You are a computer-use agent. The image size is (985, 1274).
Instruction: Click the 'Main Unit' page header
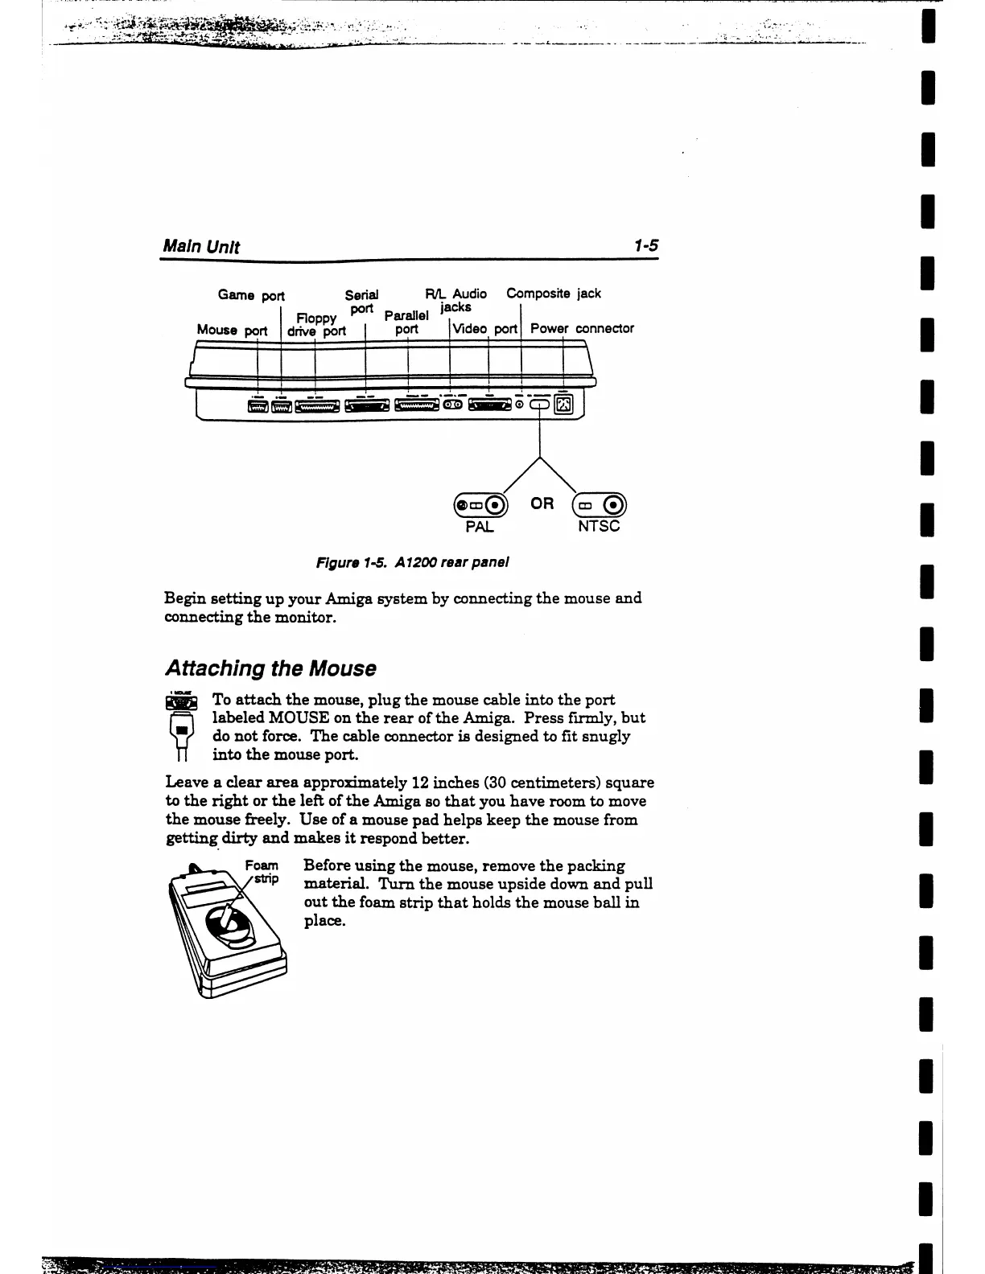coord(201,246)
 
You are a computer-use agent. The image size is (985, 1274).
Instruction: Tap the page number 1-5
coord(645,245)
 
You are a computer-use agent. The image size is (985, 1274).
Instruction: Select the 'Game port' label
coord(251,295)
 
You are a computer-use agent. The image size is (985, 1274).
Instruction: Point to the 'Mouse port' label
coord(232,330)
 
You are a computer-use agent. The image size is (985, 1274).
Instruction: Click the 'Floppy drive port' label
coord(316,325)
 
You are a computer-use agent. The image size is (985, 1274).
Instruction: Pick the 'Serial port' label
coord(361,302)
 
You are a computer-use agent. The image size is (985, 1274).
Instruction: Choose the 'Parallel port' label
coord(406,323)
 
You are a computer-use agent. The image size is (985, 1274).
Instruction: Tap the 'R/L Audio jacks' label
coord(455,300)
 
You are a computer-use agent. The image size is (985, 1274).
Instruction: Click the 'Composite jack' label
coord(553,294)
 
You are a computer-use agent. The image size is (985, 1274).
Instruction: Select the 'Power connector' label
coord(582,328)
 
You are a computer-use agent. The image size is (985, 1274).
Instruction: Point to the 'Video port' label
coord(484,329)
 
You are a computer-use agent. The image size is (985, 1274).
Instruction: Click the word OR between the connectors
coord(542,503)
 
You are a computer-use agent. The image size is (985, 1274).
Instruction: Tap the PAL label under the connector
coord(480,527)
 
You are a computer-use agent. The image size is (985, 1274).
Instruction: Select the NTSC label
coord(599,527)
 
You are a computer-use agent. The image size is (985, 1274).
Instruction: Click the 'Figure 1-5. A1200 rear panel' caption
coord(413,562)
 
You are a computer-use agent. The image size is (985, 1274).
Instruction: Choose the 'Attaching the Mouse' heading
coord(270,668)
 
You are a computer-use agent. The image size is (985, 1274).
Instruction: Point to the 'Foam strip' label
coord(262,871)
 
